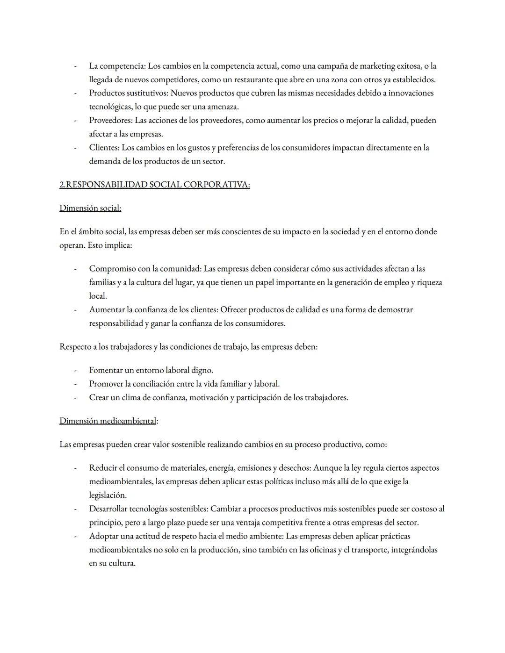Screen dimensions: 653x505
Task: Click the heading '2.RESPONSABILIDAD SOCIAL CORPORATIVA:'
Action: pyautogui.click(x=154, y=185)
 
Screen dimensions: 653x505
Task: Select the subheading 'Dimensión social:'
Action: pyautogui.click(x=90, y=208)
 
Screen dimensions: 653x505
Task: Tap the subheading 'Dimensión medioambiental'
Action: pyautogui.click(x=108, y=421)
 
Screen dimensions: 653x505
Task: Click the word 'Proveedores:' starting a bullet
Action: pyautogui.click(x=111, y=121)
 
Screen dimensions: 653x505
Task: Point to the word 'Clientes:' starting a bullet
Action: pyautogui.click(x=104, y=148)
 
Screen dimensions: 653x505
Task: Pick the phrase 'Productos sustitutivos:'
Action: pyautogui.click(x=129, y=93)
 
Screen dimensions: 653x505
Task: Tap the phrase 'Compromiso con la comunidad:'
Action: pyautogui.click(x=145, y=269)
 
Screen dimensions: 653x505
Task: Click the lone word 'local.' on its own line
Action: pyautogui.click(x=98, y=296)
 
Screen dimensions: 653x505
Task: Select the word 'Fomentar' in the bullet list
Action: pyautogui.click(x=106, y=370)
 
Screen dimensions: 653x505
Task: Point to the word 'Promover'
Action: pyautogui.click(x=106, y=384)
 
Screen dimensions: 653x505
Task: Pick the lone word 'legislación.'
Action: pyautogui.click(x=108, y=495)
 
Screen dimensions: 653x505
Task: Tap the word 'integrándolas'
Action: pyautogui.click(x=414, y=550)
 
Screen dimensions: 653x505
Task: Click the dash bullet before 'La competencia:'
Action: pyautogui.click(x=75, y=66)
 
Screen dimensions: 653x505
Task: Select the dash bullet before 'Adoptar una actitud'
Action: pyautogui.click(x=75, y=536)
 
